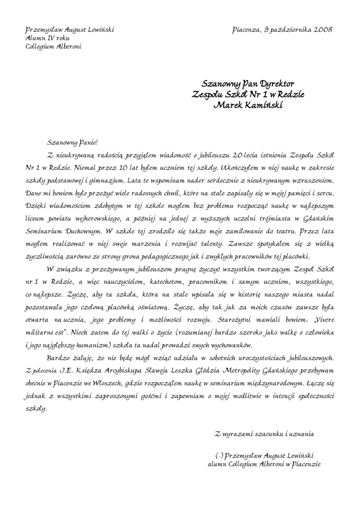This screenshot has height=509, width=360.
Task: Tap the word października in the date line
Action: click(x=290, y=30)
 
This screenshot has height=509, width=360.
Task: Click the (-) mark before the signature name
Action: click(x=219, y=455)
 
